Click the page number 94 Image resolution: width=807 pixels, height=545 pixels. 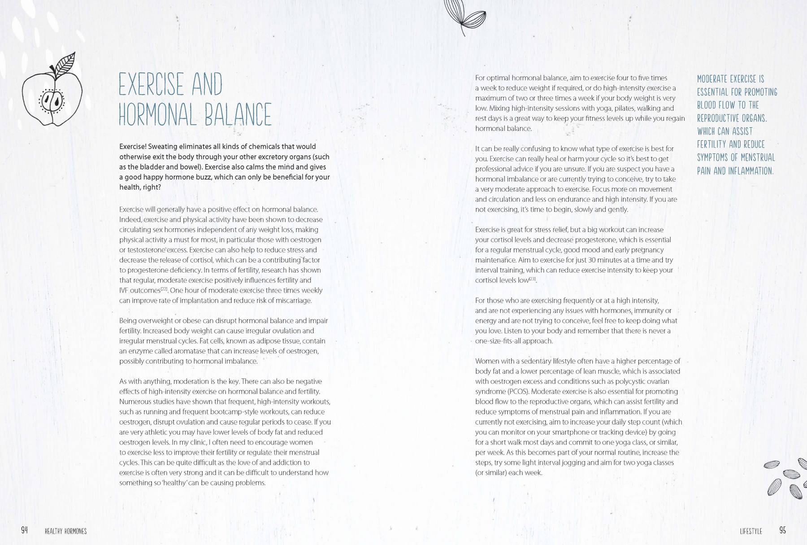click(x=25, y=530)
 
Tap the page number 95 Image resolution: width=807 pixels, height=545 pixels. click(x=782, y=530)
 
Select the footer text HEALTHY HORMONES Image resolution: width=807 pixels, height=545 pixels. click(x=65, y=532)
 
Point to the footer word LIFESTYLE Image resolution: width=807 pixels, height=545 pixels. click(x=751, y=532)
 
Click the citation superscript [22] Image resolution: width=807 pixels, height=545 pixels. click(x=164, y=289)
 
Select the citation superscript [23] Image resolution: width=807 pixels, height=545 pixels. click(x=533, y=279)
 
